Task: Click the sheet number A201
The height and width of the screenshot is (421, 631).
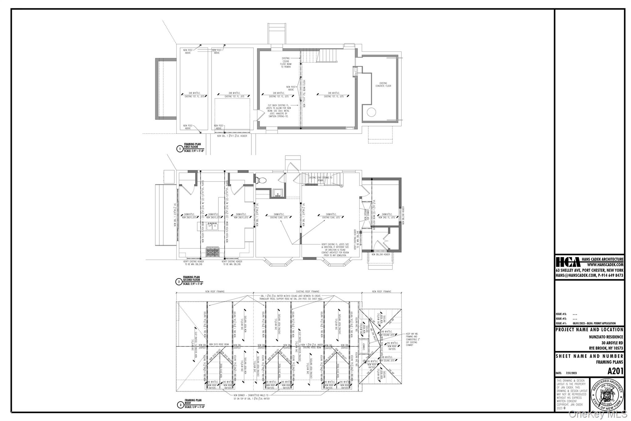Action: (615, 371)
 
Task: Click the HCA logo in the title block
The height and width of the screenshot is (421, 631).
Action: (568, 262)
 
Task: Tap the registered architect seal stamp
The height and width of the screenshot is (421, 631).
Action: (607, 394)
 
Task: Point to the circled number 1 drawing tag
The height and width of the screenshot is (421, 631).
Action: (179, 149)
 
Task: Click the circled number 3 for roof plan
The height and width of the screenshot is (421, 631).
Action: (180, 405)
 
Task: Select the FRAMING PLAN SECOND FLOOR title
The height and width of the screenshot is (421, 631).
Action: (191, 279)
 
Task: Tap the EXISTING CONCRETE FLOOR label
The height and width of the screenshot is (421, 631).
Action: (383, 85)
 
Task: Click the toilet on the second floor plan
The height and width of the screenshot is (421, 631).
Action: (261, 180)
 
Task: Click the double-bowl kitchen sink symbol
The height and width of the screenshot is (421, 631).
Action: (212, 227)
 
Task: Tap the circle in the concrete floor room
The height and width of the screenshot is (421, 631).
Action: (371, 112)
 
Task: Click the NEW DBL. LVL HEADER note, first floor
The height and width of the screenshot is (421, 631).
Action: (232, 136)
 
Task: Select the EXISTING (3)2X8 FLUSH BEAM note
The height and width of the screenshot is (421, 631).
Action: (286, 62)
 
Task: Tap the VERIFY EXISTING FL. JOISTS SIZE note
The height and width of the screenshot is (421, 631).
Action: (335, 250)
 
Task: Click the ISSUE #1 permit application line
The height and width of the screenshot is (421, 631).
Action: (585, 324)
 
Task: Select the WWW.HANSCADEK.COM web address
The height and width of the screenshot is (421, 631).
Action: (605, 265)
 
